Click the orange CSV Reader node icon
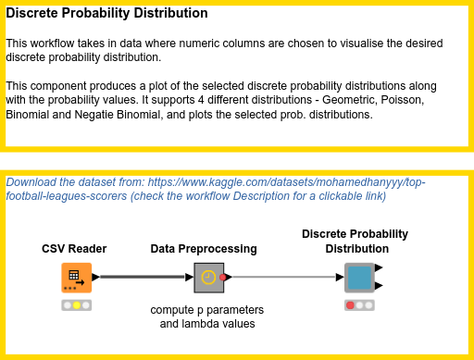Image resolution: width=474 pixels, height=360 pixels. point(76,277)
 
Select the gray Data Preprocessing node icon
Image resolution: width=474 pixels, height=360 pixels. point(209,277)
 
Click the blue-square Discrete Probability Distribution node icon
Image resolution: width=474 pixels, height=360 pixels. point(358,277)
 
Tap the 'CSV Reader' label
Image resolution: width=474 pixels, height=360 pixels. point(74,249)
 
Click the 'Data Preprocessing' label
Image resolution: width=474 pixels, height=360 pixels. point(204,249)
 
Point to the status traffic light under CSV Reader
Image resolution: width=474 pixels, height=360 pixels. point(76,305)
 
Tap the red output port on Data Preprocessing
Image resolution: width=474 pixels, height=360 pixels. point(225,277)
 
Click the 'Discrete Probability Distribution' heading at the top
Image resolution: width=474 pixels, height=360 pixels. point(106,15)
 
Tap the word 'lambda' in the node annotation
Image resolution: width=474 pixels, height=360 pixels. point(205,324)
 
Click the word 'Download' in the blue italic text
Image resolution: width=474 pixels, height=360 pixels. point(32,182)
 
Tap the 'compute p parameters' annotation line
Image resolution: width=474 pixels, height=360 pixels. point(207,309)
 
